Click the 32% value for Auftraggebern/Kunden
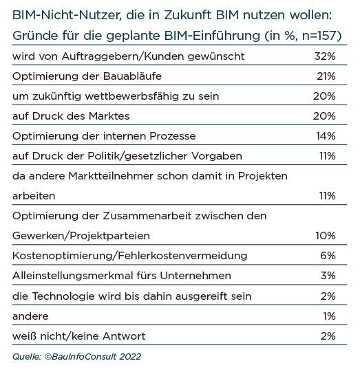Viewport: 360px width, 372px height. pos(325,56)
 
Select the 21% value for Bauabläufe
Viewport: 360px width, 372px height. pos(326,76)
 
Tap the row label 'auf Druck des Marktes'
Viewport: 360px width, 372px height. pos(71,116)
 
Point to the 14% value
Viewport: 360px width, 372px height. pos(326,136)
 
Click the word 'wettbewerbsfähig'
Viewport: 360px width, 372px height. pos(131,96)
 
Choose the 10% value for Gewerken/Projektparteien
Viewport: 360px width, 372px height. pos(326,236)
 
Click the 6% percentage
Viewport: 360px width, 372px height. pos(328,256)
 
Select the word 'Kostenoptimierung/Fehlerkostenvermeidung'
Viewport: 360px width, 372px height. pos(129,256)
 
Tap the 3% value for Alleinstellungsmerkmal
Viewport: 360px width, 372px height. pos(328,276)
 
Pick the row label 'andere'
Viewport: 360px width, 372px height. pos(30,316)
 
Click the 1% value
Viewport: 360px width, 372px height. pos(329,316)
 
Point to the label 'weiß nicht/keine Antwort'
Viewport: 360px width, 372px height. pos(79,336)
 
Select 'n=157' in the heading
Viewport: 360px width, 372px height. pos(319,36)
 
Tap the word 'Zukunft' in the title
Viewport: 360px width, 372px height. pos(187,15)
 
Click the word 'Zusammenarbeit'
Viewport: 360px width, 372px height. pos(147,216)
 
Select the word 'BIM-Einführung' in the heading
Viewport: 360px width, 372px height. pos(212,36)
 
